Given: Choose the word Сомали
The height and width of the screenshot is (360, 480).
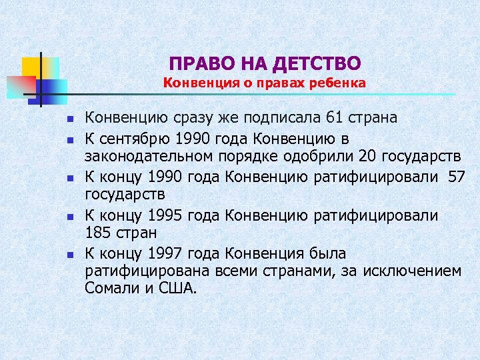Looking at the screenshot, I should [110, 289].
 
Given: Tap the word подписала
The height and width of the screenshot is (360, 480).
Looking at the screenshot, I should [280, 118].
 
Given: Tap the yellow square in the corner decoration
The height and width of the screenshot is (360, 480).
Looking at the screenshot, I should [31, 67].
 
